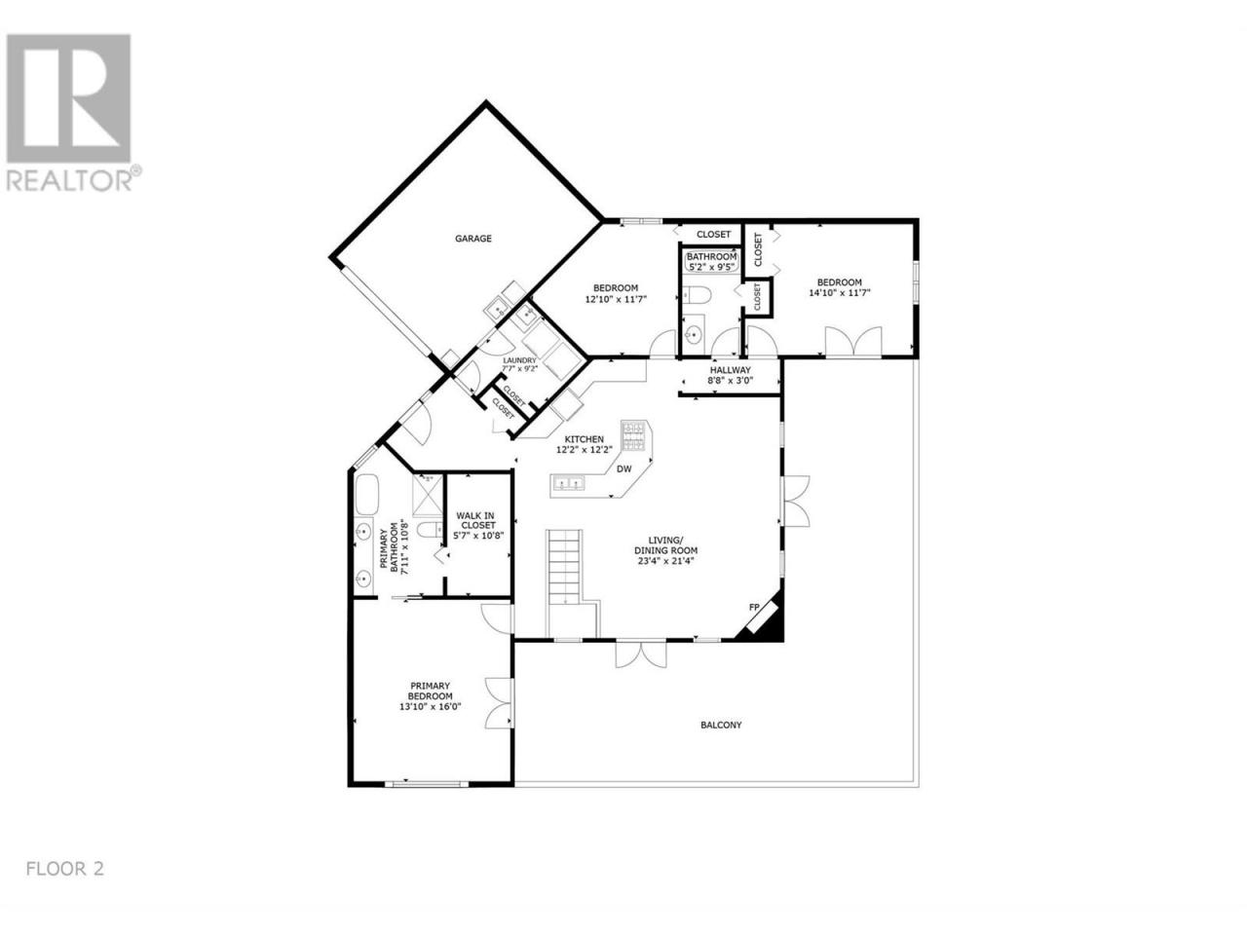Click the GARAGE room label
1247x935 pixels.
click(x=472, y=239)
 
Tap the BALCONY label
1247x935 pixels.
click(x=720, y=725)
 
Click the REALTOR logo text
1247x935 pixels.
click(x=70, y=179)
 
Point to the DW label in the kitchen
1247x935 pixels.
click(x=623, y=468)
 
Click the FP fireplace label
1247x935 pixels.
click(x=754, y=607)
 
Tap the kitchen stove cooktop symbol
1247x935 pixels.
click(x=634, y=435)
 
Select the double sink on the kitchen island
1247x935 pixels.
click(x=568, y=483)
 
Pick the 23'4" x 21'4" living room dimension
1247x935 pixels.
click(x=665, y=561)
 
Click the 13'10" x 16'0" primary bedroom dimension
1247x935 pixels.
click(x=430, y=707)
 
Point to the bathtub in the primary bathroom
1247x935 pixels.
click(x=366, y=494)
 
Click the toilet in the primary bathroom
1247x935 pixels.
click(x=430, y=530)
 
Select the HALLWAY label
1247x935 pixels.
click(x=730, y=370)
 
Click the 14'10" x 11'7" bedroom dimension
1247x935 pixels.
click(x=839, y=293)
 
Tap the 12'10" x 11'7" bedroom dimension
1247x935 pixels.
click(x=616, y=299)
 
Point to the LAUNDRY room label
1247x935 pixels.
click(x=519, y=360)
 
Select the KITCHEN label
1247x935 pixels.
click(x=584, y=439)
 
